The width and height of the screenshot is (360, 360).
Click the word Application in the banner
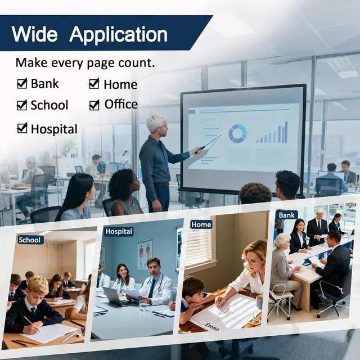point(119,35)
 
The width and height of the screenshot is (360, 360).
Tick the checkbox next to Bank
point(22,83)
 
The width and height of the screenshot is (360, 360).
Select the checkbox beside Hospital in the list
point(22,128)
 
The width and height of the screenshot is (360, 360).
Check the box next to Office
point(94,105)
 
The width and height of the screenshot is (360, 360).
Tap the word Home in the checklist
point(120,84)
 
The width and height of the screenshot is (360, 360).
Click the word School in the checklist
point(49,105)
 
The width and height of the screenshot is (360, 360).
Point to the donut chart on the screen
point(237,133)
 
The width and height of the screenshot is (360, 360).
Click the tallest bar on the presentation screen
point(286,132)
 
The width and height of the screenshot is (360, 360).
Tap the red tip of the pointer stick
point(221,135)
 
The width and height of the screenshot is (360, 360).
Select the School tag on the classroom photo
point(30,240)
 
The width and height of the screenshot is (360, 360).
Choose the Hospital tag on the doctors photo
point(119,231)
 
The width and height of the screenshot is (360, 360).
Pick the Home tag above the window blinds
point(201,224)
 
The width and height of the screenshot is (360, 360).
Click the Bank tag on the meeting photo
point(286,215)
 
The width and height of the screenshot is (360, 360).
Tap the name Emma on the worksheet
point(212,327)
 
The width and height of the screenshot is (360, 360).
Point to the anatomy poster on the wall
point(145,254)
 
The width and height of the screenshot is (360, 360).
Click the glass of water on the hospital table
point(143,305)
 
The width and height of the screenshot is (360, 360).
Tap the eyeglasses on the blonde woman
point(253,262)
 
